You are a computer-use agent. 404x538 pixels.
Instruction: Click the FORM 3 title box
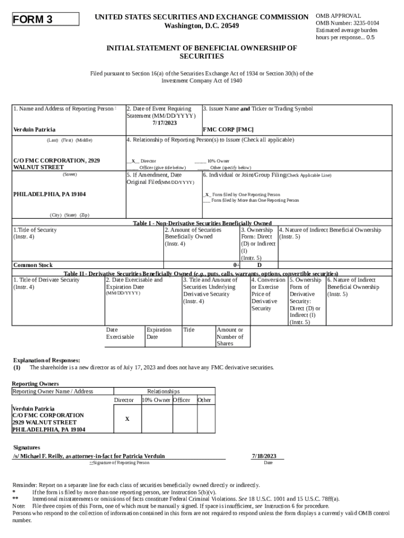45,20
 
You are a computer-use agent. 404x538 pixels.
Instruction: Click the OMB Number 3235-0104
347,23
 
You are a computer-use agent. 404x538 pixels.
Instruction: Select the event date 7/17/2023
165,123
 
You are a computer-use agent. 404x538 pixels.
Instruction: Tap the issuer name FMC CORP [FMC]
228,129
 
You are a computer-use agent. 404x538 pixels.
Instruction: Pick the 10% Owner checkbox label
212,161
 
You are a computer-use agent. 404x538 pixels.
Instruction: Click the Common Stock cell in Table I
33,265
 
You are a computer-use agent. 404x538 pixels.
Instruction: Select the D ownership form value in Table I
259,265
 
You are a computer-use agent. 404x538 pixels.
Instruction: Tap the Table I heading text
202,223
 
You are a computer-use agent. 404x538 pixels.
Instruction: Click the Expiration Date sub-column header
159,333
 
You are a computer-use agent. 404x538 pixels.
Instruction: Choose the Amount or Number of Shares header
230,337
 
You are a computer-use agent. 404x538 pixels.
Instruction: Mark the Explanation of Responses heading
46,360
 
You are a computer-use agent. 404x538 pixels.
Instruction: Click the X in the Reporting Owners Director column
127,419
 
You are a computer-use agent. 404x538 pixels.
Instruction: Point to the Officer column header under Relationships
182,400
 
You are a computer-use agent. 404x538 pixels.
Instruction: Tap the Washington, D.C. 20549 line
201,26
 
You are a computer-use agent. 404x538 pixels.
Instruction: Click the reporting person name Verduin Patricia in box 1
35,129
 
